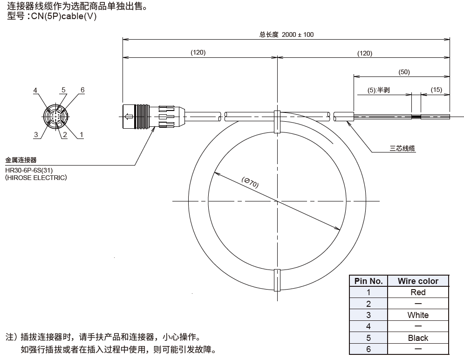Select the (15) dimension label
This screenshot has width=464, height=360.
coord(437,90)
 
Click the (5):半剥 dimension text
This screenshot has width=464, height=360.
coord(378,90)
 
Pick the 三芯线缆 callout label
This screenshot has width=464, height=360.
coord(402,149)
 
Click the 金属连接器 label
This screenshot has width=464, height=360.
coord(21,159)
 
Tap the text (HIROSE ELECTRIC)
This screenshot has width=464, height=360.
coord(36,178)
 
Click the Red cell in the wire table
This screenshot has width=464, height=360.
coord(418,292)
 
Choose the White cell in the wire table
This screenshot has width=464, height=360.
coord(418,315)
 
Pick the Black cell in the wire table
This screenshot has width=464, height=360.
coord(418,338)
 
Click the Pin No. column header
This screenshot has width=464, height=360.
coord(368,281)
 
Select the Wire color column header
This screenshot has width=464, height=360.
coord(418,281)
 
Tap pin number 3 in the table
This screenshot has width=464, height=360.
coord(368,315)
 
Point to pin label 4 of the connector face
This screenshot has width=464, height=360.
coord(35,90)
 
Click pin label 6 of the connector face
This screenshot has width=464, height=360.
coord(82,90)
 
